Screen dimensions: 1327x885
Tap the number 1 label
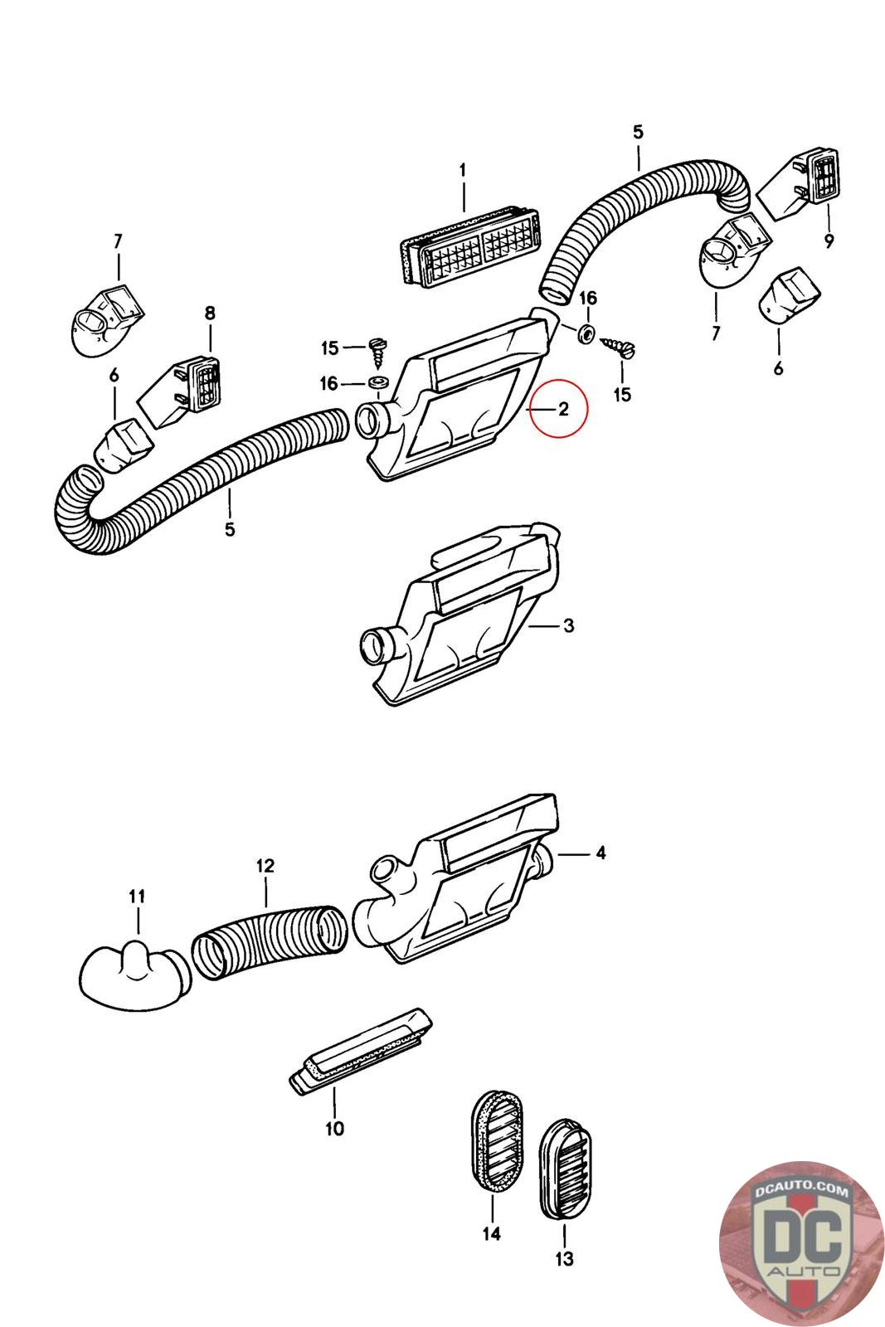pyautogui.click(x=463, y=170)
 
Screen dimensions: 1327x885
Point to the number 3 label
pyautogui.click(x=568, y=625)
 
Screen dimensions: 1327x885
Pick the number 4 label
pyautogui.click(x=601, y=853)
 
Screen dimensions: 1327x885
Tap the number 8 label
pyautogui.click(x=209, y=313)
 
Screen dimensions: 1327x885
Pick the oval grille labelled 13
pyautogui.click(x=568, y=1169)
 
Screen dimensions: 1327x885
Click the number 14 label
pyautogui.click(x=491, y=1234)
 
